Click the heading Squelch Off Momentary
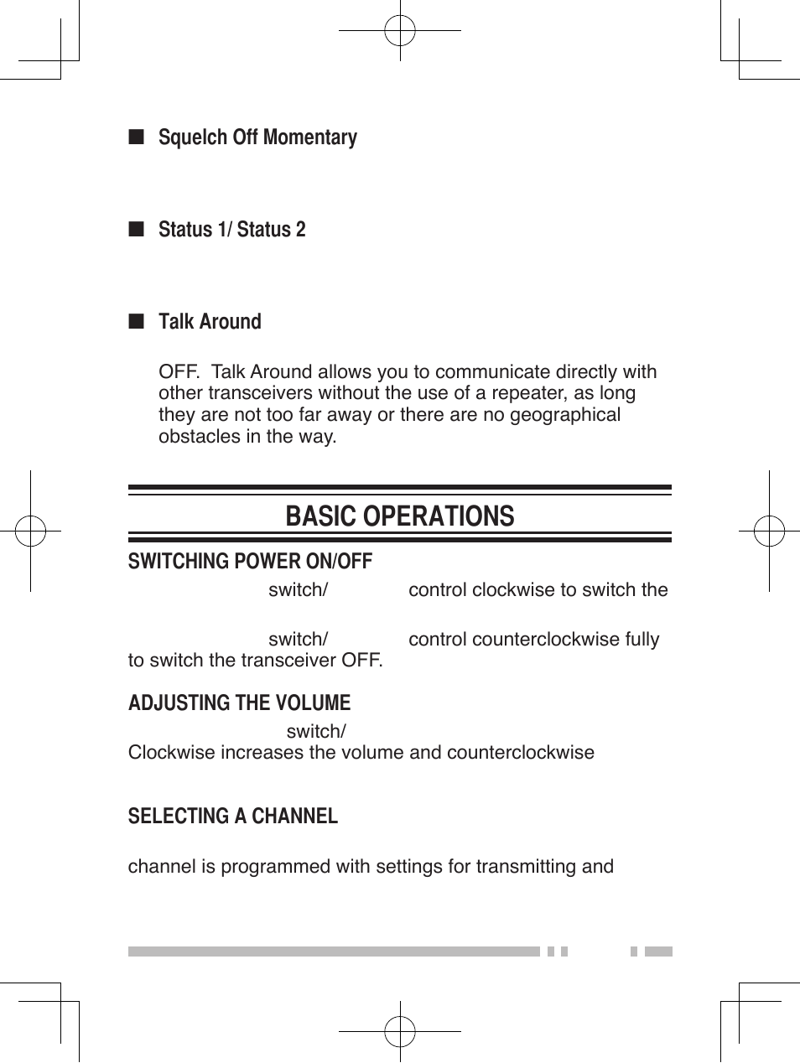[x=257, y=137]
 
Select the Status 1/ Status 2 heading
[x=231, y=230]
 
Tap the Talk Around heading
[x=210, y=322]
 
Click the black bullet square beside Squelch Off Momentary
[x=137, y=137]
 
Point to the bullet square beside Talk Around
[x=137, y=322]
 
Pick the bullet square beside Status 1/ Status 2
[x=137, y=230]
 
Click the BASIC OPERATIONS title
[x=399, y=516]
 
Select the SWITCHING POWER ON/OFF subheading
[x=250, y=562]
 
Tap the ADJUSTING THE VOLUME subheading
[x=239, y=703]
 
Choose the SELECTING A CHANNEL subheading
[x=232, y=817]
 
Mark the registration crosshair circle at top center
[x=400, y=31]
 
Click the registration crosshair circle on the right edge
[x=769, y=531]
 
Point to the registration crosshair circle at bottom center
[x=400, y=1032]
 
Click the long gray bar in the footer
[x=334, y=952]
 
